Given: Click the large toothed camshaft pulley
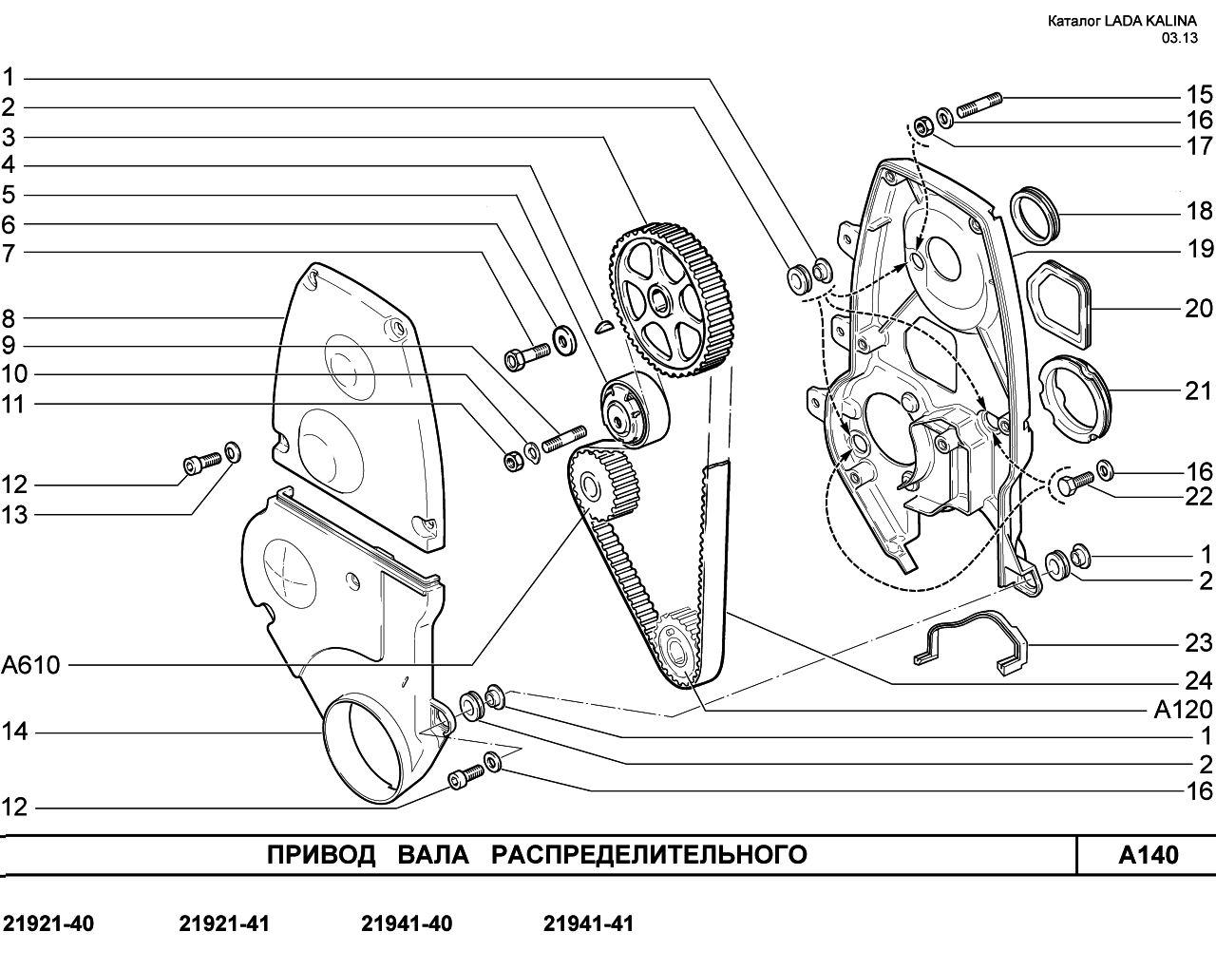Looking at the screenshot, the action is point(671,299).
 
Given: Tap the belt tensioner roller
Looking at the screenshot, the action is point(634,411).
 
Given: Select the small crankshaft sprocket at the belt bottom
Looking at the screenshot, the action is point(679,648).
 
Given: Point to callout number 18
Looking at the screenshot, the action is point(1199,212).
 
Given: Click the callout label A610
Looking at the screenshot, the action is point(30,665).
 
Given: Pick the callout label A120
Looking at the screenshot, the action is point(1184,710).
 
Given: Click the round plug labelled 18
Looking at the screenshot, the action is point(1034,216).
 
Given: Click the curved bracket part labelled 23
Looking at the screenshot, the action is point(971,643).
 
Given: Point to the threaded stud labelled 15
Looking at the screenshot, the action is point(979,105).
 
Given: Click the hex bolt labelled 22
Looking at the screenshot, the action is point(1073,484).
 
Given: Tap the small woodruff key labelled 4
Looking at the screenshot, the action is point(603,326).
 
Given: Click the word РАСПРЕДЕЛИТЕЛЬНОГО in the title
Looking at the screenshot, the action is point(649,855).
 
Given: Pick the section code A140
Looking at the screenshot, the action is point(1149,855).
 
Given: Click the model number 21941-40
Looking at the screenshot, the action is point(407,923).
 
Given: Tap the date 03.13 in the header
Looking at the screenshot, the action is point(1179,38).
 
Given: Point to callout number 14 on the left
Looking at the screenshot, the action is point(14,732).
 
